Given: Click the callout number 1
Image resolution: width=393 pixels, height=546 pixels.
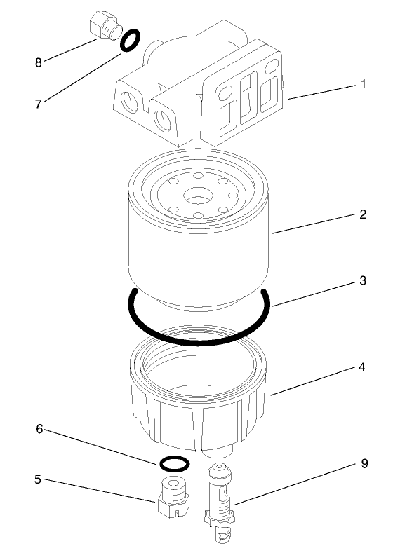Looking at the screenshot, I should [364, 84].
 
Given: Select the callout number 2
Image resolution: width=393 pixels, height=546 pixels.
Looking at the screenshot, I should [363, 215].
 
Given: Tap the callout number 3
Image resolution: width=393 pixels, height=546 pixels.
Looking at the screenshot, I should [363, 280].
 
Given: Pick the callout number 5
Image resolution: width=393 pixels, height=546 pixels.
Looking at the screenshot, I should [38, 480].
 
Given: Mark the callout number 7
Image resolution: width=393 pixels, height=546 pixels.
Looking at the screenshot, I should [39, 103].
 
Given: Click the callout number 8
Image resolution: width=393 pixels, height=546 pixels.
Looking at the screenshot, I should [39, 62].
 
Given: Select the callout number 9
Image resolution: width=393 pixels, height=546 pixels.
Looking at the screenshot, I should [363, 463].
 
